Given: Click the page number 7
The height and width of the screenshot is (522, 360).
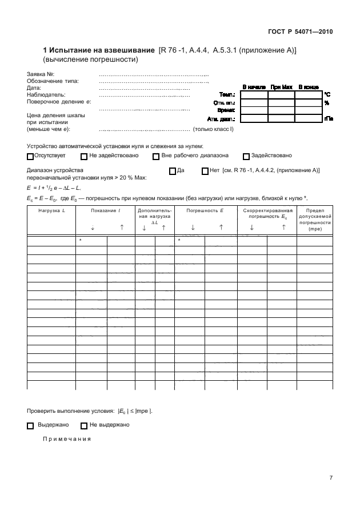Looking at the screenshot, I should click(331, 479).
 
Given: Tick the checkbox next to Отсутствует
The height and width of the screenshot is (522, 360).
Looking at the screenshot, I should click(30, 156).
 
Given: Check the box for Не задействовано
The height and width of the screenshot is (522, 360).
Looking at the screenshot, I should click(84, 156).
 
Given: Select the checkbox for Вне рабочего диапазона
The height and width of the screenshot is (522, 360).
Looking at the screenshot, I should click(156, 156).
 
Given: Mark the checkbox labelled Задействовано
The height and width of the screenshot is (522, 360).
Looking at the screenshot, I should click(246, 156).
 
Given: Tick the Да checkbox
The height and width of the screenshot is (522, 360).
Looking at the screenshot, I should click(173, 171).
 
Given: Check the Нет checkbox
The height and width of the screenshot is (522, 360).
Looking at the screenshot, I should click(205, 171).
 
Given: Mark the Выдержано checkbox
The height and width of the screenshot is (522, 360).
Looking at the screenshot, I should click(30, 425).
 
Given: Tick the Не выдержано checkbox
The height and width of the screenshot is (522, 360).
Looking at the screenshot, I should click(84, 425).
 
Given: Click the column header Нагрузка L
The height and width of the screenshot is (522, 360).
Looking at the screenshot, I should click(51, 211).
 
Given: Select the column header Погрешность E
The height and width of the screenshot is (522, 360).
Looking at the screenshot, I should click(205, 211).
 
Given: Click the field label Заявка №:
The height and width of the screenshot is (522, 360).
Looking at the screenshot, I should click(41, 75).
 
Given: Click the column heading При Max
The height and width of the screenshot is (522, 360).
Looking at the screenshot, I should click(282, 87).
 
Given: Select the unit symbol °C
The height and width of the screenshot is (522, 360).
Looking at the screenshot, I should click(327, 94).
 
